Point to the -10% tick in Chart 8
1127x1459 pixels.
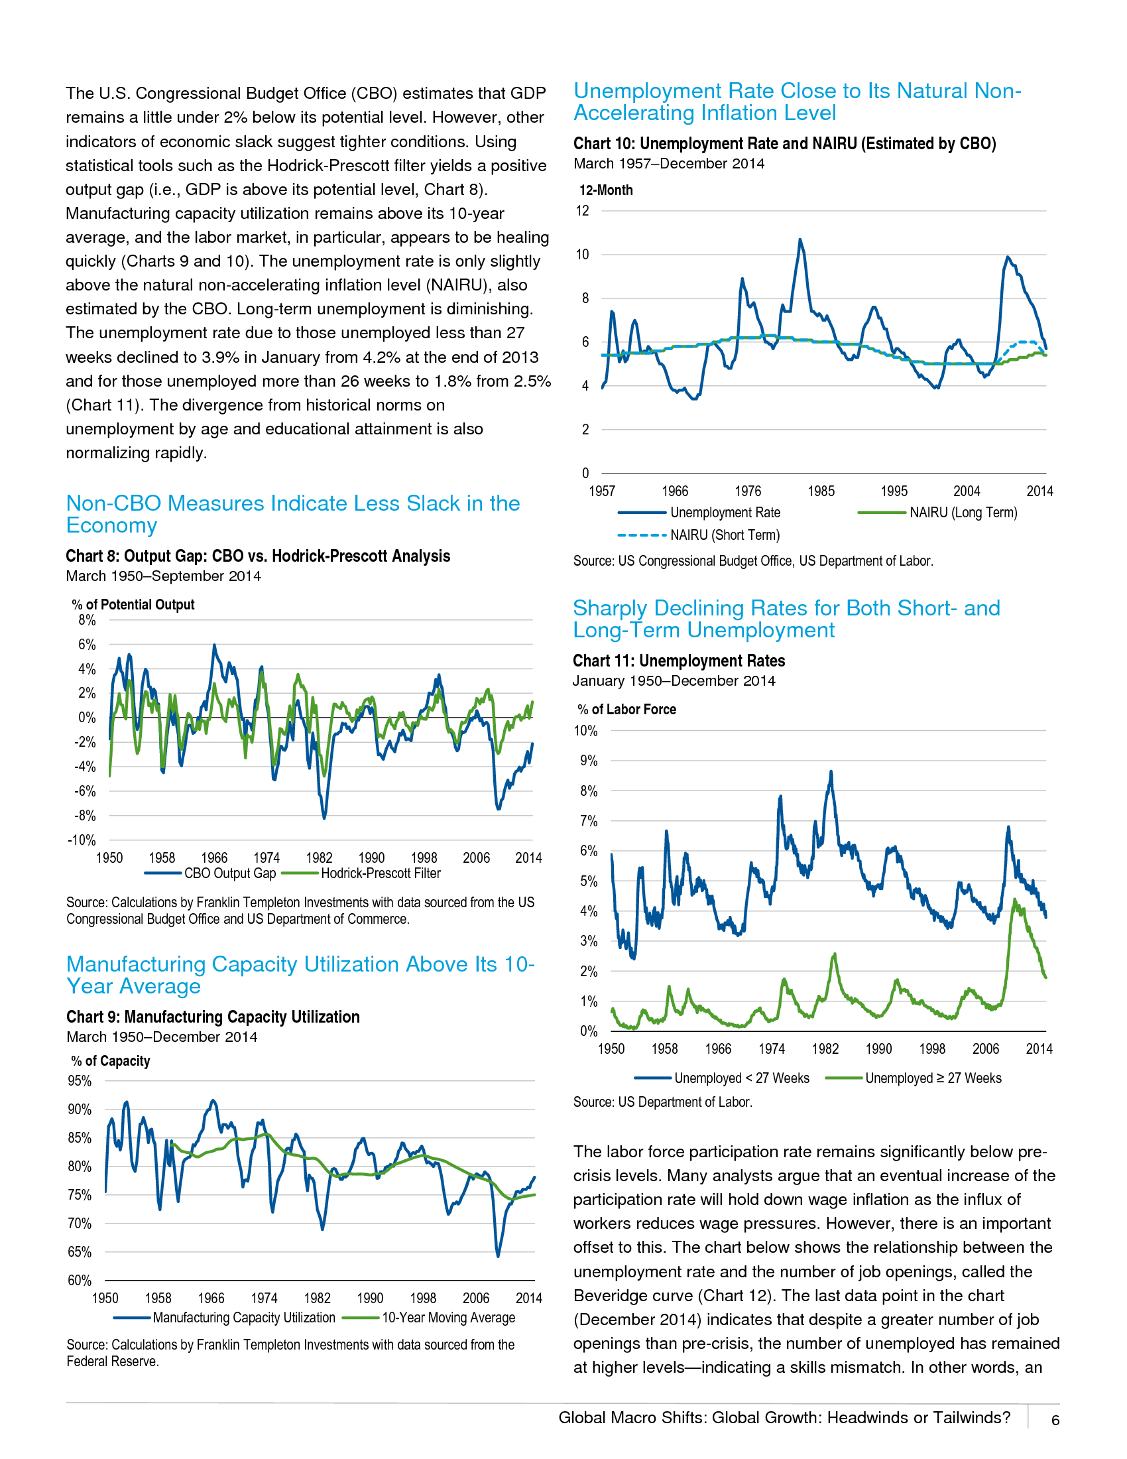click(82, 840)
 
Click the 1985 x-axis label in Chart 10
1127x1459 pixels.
click(821, 491)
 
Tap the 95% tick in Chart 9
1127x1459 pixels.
click(80, 1081)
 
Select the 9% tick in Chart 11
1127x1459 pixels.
click(588, 761)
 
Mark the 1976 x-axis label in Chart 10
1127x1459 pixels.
click(748, 491)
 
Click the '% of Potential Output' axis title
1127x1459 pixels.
click(133, 605)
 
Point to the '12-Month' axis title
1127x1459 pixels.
click(605, 190)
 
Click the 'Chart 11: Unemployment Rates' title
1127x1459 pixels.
click(678, 661)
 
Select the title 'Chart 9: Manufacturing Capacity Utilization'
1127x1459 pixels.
click(212, 1017)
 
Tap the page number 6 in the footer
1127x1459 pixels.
click(1055, 1421)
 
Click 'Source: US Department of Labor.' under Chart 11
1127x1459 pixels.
click(662, 1102)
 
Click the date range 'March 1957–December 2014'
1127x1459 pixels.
click(668, 164)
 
